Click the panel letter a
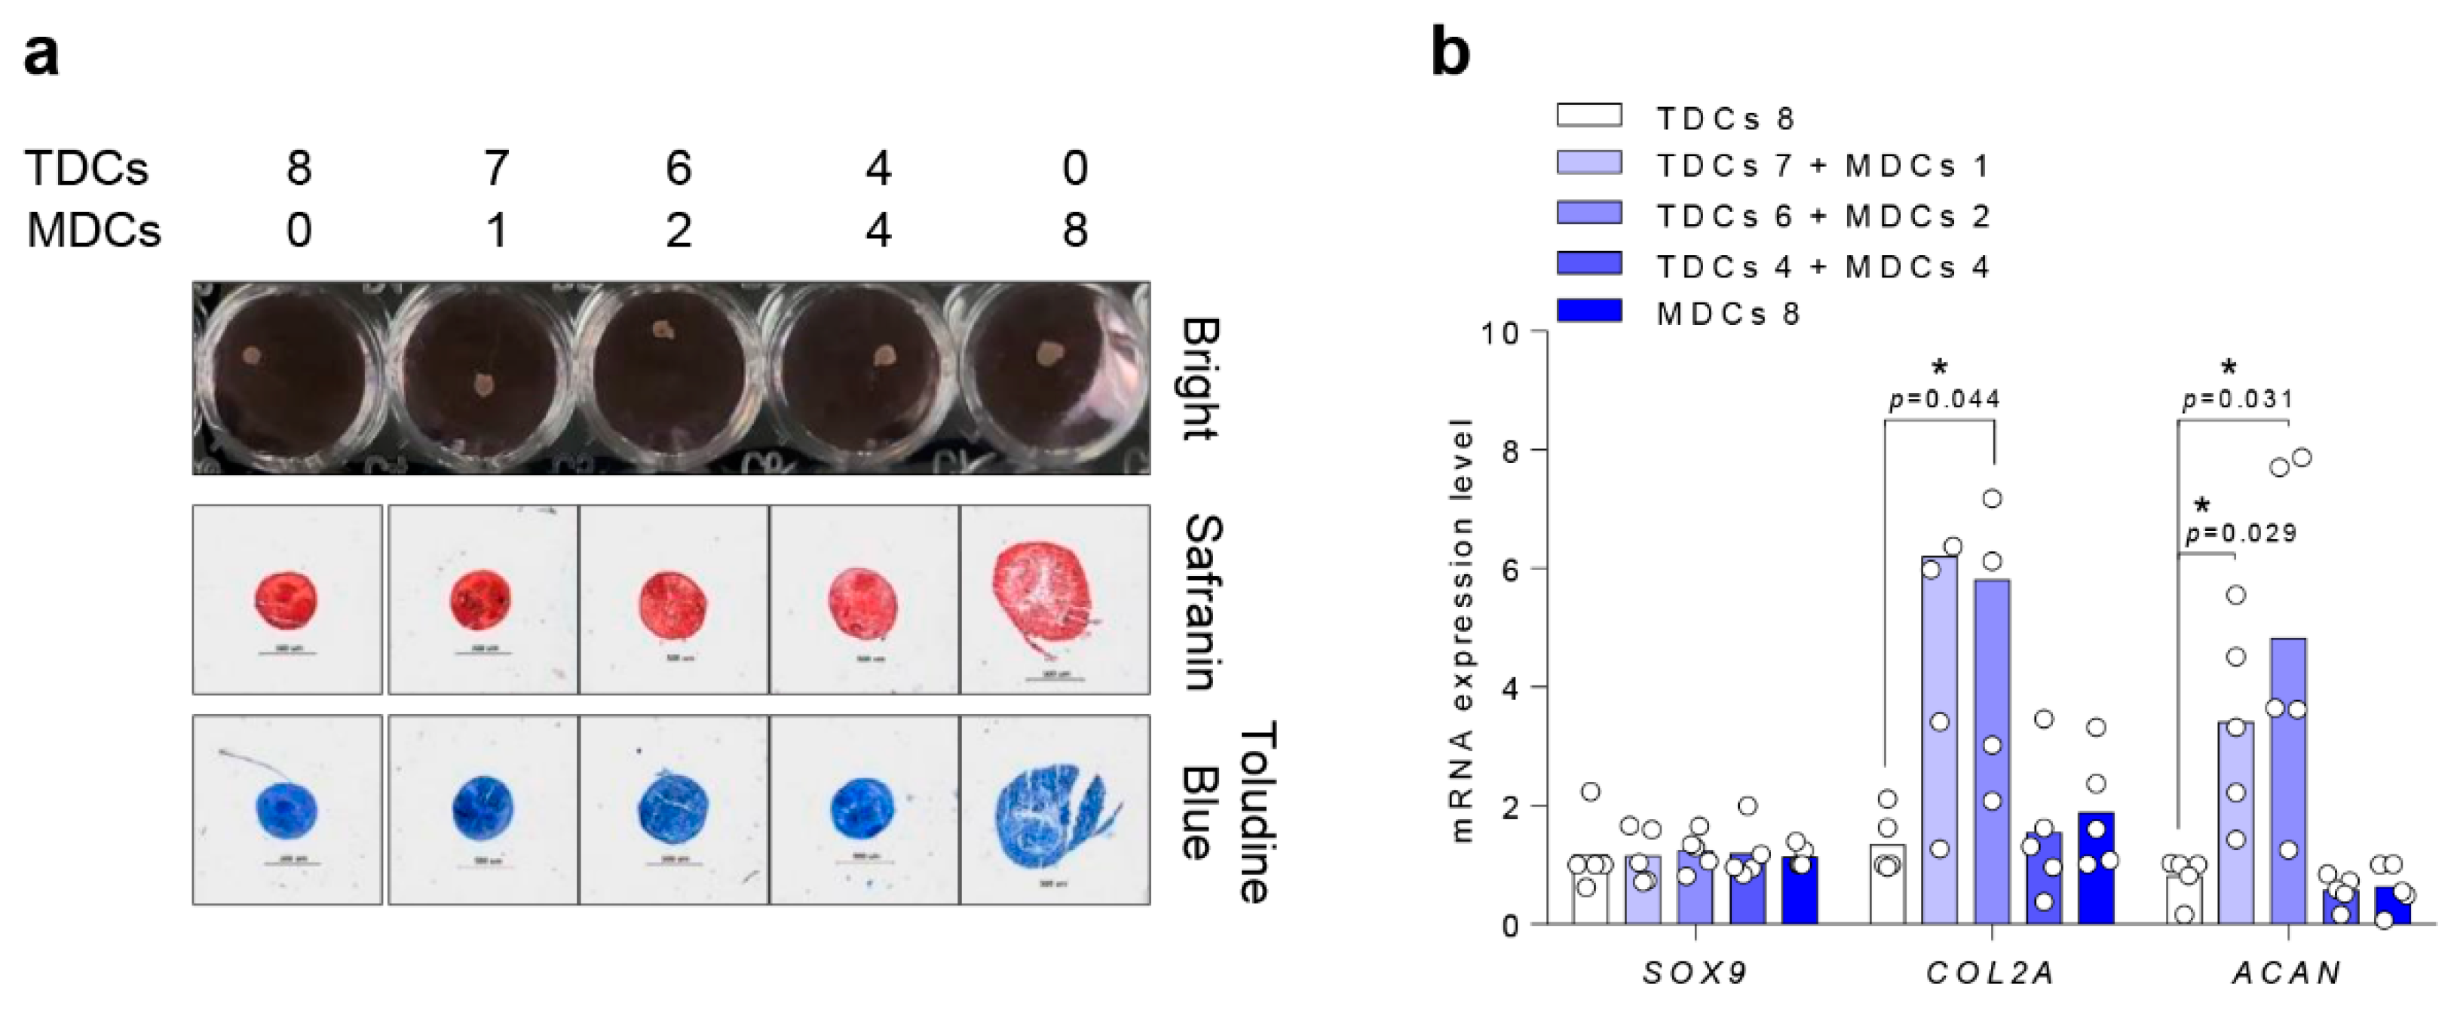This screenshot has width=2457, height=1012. (x=40, y=55)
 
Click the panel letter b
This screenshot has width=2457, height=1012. (x=1450, y=54)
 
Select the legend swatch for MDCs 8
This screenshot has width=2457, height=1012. (x=1589, y=311)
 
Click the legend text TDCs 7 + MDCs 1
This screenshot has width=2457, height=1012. (x=1823, y=167)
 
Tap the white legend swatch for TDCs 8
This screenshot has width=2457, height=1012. (x=1589, y=115)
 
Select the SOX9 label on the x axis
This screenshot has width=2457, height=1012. (x=1695, y=973)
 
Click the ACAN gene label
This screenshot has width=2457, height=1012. (x=2287, y=973)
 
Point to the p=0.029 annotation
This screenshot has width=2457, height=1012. (x=2241, y=533)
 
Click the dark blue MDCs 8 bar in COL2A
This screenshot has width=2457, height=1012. (x=2097, y=868)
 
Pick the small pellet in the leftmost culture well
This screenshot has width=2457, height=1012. (x=251, y=356)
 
